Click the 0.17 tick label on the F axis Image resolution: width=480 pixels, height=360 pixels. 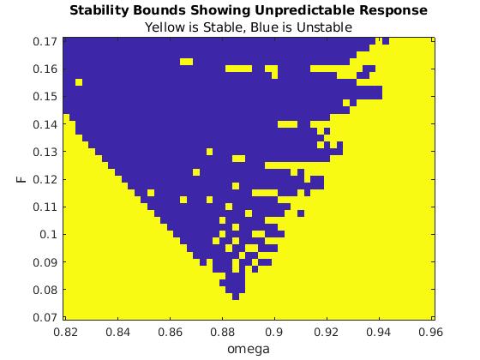click(x=45, y=41)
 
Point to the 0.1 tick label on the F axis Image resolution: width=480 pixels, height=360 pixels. click(x=48, y=235)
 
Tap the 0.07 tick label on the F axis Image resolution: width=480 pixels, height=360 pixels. click(x=45, y=317)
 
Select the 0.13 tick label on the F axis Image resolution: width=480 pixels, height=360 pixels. click(x=45, y=152)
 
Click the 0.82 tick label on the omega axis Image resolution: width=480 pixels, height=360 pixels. click(x=65, y=332)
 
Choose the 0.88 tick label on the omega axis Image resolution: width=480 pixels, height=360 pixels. click(x=223, y=332)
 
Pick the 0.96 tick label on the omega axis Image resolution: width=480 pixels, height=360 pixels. click(x=430, y=332)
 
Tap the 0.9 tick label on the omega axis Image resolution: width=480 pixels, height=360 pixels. click(x=274, y=332)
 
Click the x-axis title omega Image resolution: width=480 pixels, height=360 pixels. click(x=249, y=349)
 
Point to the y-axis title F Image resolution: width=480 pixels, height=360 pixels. click(x=21, y=179)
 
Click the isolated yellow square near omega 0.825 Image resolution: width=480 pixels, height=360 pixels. click(x=79, y=82)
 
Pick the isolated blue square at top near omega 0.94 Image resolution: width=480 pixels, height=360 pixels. click(x=386, y=41)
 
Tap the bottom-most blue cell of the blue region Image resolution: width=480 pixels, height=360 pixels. click(x=236, y=297)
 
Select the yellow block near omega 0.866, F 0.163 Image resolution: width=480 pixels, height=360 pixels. click(x=187, y=62)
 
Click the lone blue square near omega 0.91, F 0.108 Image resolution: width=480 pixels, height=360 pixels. click(x=301, y=213)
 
